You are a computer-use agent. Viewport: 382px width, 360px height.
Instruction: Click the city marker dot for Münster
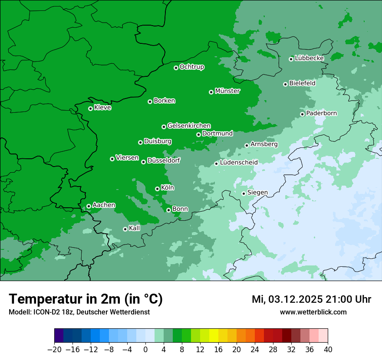click(x=211, y=92)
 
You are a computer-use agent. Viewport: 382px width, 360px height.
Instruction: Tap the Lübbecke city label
click(x=309, y=58)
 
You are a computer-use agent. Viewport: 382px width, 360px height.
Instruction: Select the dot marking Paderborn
click(x=302, y=114)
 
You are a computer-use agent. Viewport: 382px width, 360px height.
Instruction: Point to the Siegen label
click(x=257, y=193)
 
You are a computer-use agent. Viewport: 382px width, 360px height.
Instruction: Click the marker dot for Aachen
click(x=89, y=206)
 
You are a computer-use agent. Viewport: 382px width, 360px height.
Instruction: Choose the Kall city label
click(x=135, y=228)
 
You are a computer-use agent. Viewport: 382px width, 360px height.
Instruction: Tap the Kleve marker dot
click(x=90, y=108)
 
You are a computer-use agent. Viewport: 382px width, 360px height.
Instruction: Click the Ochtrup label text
click(x=191, y=67)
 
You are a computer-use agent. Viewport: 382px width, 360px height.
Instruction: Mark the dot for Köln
click(x=157, y=189)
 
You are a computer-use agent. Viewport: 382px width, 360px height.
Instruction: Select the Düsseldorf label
click(x=163, y=160)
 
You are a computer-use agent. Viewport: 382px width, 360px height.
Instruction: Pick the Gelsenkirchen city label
click(x=189, y=126)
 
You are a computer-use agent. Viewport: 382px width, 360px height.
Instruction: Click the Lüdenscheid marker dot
click(x=216, y=164)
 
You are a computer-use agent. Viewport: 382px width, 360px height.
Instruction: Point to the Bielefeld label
click(x=302, y=83)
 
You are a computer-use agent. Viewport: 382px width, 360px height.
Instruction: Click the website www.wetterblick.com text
click(x=313, y=312)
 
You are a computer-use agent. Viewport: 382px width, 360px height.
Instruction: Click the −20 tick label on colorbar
click(x=55, y=350)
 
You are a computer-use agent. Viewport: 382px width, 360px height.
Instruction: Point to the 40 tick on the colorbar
click(x=328, y=350)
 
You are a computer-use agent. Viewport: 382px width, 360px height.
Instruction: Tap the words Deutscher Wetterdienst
click(x=115, y=312)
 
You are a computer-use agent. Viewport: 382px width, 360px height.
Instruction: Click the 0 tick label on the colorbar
click(x=145, y=350)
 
